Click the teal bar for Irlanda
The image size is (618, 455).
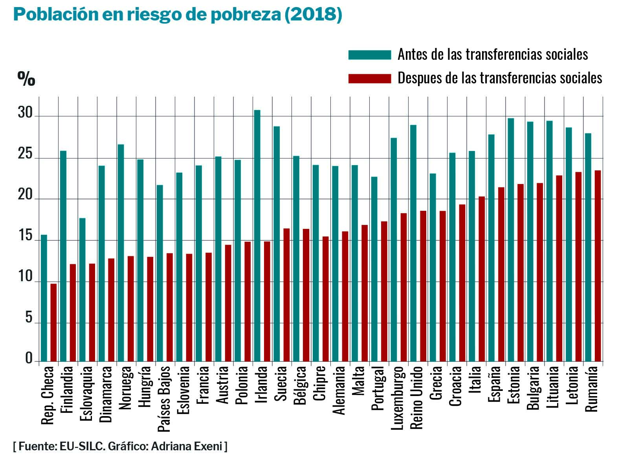point(257,236)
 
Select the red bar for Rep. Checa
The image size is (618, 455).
point(53,322)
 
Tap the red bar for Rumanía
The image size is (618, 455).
point(598,266)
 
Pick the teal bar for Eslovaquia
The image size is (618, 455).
point(83,290)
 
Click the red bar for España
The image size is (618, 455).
point(501,274)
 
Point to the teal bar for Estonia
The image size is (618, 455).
point(511,240)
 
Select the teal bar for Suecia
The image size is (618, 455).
point(277,244)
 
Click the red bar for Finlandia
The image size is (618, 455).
point(73,313)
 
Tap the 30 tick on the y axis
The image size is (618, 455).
point(26,113)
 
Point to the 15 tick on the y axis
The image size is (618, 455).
point(26,236)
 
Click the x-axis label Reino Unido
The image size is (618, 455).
point(416,397)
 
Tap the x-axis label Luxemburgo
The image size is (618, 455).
point(397,397)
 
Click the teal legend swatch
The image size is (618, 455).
point(369,55)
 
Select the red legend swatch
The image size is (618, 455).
point(369,78)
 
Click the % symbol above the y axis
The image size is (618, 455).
point(26,79)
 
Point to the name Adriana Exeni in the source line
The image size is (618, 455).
point(186,446)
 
